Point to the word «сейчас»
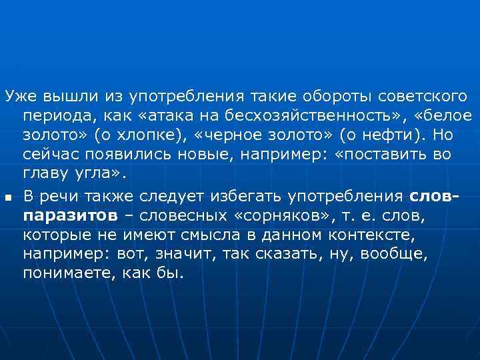(x=51, y=155)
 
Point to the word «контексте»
(x=381, y=235)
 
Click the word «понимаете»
(x=65, y=274)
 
